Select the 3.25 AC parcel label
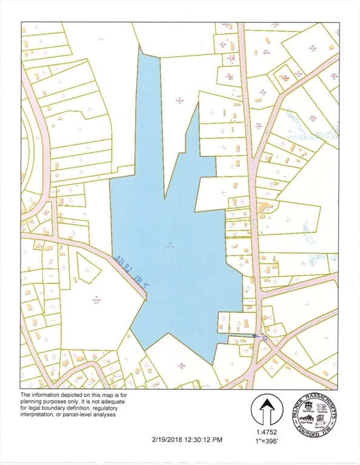(180, 366)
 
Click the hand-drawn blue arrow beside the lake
(257, 337)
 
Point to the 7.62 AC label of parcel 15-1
(265, 53)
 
